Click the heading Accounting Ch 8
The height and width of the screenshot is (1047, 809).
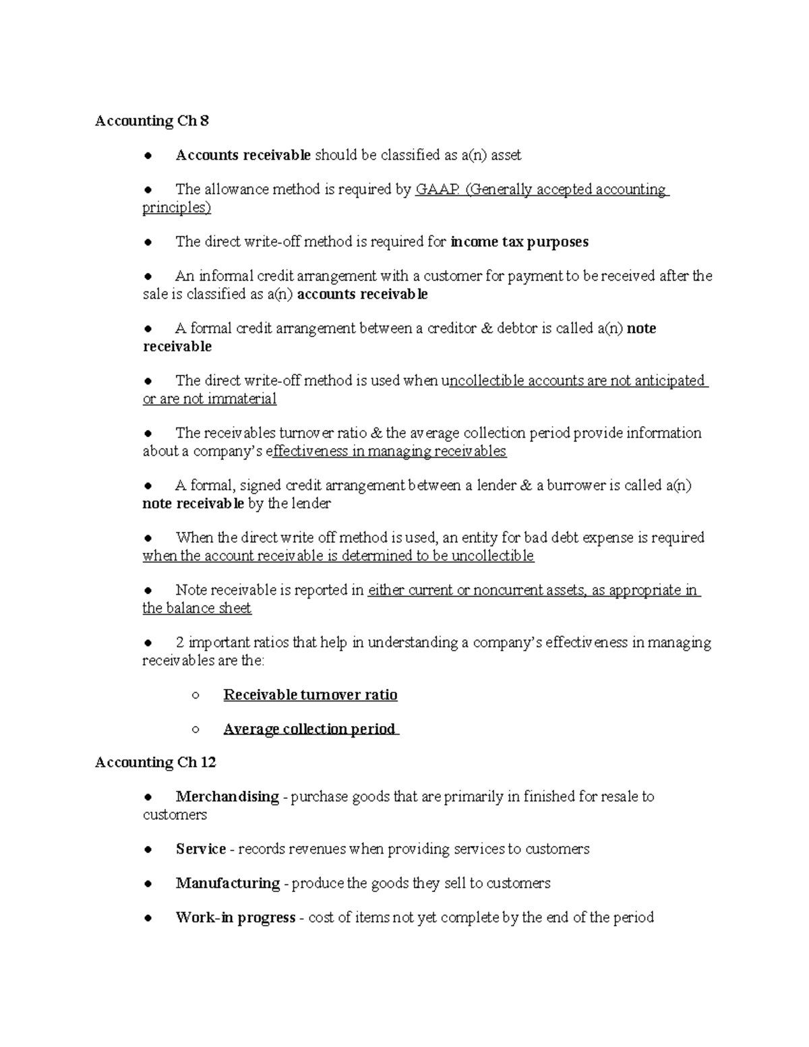point(152,121)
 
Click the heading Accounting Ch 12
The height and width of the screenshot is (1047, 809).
point(155,762)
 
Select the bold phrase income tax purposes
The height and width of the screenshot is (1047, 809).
point(519,242)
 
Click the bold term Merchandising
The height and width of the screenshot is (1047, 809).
point(227,797)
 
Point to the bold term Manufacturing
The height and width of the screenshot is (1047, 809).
point(227,883)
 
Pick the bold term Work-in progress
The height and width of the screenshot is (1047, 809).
point(235,918)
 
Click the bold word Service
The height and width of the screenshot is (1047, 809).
point(200,849)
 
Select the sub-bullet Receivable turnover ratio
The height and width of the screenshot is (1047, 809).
point(310,695)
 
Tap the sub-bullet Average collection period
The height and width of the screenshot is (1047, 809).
point(310,729)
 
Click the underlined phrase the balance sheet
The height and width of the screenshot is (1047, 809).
point(197,608)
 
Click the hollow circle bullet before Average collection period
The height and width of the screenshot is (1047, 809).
point(196,729)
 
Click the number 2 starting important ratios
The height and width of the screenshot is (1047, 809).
point(180,642)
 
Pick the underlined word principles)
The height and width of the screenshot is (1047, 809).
point(177,208)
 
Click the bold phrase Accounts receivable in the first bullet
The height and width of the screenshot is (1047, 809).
point(243,156)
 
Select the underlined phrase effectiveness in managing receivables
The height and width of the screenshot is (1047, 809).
point(388,451)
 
